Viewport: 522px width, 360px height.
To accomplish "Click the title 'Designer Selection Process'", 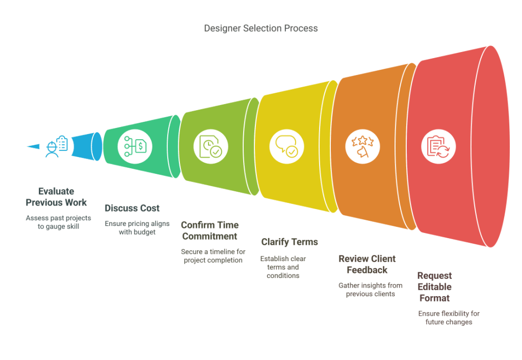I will tap(260, 28).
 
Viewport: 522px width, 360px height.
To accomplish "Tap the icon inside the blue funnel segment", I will tap(56, 146).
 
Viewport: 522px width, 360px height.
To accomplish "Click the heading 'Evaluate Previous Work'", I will tap(56, 196).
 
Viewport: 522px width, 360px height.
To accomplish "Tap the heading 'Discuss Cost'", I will tap(132, 208).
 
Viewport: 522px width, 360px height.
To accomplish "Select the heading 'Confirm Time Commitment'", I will tap(210, 230).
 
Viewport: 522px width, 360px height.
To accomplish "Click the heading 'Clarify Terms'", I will tap(289, 242).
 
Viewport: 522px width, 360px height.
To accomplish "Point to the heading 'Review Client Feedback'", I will tap(367, 264).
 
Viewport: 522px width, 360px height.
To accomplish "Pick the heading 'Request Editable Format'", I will tap(435, 287).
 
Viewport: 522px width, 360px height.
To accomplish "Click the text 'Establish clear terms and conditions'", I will tap(283, 267).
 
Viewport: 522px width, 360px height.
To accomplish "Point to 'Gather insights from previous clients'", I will tap(367, 290).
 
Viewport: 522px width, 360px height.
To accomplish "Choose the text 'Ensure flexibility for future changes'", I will tap(449, 318).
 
